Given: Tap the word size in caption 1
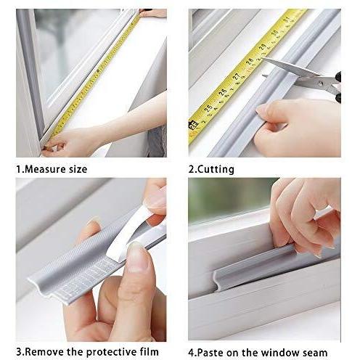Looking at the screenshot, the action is [x=78, y=169].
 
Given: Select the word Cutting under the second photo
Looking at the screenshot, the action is [x=216, y=169].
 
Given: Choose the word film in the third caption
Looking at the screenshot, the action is [x=150, y=351].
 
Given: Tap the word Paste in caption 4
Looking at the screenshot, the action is [x=210, y=353].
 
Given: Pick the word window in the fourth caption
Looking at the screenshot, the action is [x=279, y=353].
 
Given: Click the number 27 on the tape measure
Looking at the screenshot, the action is [x=237, y=76].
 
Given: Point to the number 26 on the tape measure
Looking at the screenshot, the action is [x=223, y=91].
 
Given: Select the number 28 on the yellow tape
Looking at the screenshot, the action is [x=250, y=61].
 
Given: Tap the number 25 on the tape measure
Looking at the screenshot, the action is [x=208, y=107].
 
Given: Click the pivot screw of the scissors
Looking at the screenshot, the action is [x=320, y=83].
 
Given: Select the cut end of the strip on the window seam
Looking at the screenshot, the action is [x=217, y=280].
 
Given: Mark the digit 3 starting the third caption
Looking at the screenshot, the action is [x=19, y=352].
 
